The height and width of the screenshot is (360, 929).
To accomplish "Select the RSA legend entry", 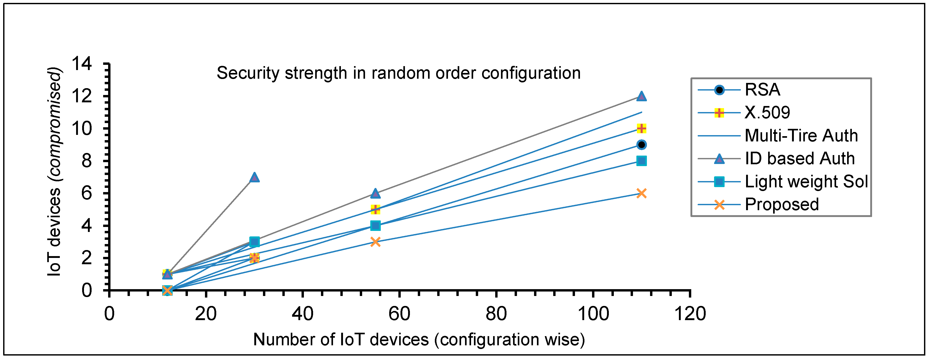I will pyautogui.click(x=762, y=90).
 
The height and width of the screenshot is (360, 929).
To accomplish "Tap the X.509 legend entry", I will pyautogui.click(x=767, y=113).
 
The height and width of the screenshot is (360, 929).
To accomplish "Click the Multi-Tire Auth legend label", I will pyautogui.click(x=801, y=136).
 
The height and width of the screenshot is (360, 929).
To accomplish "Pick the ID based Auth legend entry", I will pyautogui.click(x=800, y=159).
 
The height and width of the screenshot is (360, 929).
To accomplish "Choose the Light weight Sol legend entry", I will pyautogui.click(x=806, y=181).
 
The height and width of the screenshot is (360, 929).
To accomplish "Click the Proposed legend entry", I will pyautogui.click(x=782, y=204).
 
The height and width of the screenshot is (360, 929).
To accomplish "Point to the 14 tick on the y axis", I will pyautogui.click(x=82, y=64).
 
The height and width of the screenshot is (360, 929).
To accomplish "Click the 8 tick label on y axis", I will pyautogui.click(x=87, y=161).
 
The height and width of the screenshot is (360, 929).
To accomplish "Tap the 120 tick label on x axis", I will pyautogui.click(x=690, y=314).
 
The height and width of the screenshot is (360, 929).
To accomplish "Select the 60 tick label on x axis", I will pyautogui.click(x=399, y=314).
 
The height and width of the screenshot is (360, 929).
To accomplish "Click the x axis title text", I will pyautogui.click(x=419, y=340).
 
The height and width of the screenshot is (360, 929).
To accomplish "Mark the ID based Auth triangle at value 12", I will pyautogui.click(x=641, y=96).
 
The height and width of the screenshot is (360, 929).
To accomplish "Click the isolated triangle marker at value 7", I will pyautogui.click(x=254, y=177).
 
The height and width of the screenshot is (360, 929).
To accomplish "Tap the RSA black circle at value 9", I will pyautogui.click(x=641, y=145).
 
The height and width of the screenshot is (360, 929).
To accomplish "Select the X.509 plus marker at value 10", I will pyautogui.click(x=641, y=128).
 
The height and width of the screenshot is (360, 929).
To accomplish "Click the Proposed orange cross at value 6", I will pyautogui.click(x=641, y=193).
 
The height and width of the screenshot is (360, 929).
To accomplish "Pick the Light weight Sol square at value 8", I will pyautogui.click(x=641, y=161).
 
